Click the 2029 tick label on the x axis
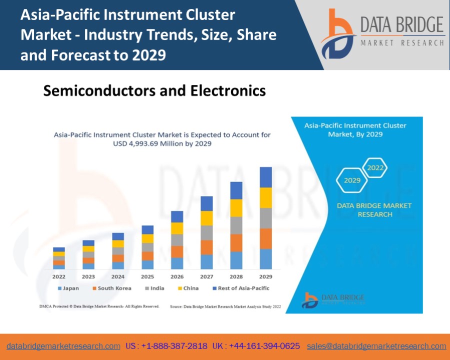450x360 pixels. pos(265,276)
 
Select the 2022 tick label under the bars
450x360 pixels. pos(59,276)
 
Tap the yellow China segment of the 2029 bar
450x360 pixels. pos(265,197)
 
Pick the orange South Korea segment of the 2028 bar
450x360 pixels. pos(236,242)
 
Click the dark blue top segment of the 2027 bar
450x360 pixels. pos(206,203)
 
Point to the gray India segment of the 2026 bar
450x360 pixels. pos(177,240)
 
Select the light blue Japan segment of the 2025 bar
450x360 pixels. pos(147,264)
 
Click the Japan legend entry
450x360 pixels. pos(68,288)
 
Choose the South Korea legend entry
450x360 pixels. pos(111,288)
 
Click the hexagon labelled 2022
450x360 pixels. pos(375,168)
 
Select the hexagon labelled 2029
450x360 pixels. pos(352,180)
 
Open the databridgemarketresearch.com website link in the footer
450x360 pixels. pos(63,346)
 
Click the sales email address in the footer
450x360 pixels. pos(376,346)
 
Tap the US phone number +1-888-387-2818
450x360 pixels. pos(166,346)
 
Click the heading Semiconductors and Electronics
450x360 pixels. pos(154,90)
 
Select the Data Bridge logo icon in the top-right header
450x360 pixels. pos(338,34)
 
